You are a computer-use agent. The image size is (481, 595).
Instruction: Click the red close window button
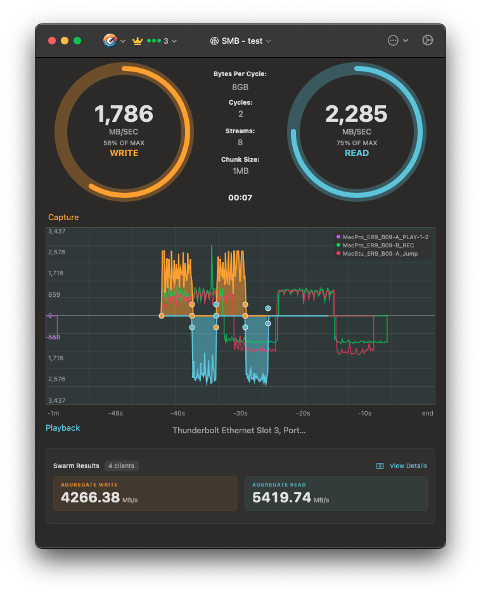pyautogui.click(x=52, y=41)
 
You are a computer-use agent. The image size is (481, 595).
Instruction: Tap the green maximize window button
pyautogui.click(x=77, y=41)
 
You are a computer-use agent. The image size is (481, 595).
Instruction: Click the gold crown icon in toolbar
pyautogui.click(x=138, y=41)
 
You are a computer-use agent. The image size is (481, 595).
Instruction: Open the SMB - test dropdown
pyautogui.click(x=240, y=41)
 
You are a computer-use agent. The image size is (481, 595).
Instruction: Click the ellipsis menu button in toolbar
pyautogui.click(x=393, y=41)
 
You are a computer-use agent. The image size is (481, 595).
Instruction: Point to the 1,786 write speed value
pyautogui.click(x=124, y=114)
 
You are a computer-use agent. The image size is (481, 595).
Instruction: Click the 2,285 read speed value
pyautogui.click(x=356, y=114)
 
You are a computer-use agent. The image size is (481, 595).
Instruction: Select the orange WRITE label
pyautogui.click(x=124, y=153)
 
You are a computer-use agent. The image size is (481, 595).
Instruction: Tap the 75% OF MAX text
pyautogui.click(x=356, y=143)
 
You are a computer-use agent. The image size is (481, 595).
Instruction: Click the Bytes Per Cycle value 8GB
pyautogui.click(x=240, y=86)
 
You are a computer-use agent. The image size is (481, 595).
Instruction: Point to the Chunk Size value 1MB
pyautogui.click(x=240, y=172)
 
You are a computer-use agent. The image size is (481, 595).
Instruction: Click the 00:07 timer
pyautogui.click(x=240, y=198)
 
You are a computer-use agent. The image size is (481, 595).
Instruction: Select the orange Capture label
pyautogui.click(x=63, y=218)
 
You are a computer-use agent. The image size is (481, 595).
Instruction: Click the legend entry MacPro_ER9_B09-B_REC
pyautogui.click(x=378, y=245)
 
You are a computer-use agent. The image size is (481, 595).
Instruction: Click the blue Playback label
pyautogui.click(x=63, y=428)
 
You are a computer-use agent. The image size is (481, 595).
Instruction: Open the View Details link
pyautogui.click(x=407, y=466)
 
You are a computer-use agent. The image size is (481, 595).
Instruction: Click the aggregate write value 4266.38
pyautogui.click(x=91, y=497)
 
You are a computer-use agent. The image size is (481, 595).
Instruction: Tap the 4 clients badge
pyautogui.click(x=122, y=466)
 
